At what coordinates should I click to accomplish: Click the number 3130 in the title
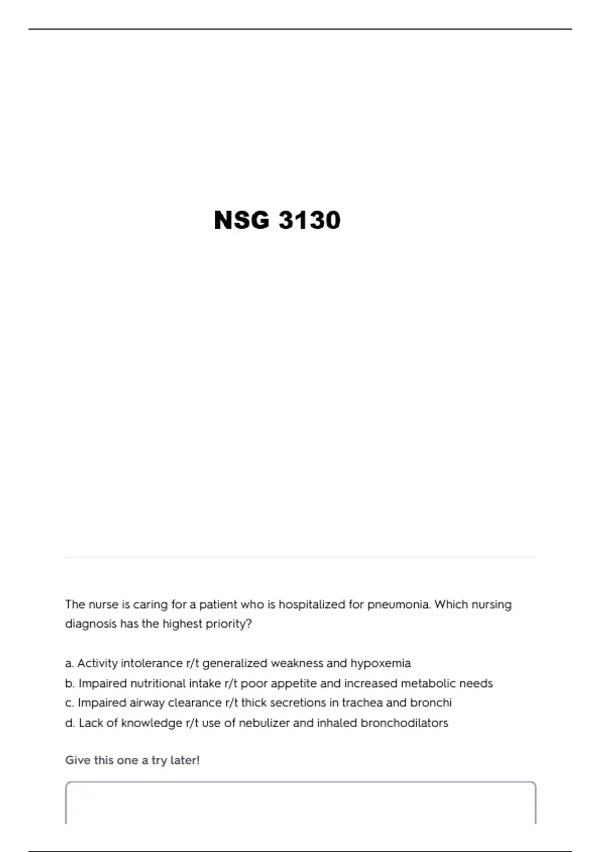tap(309, 221)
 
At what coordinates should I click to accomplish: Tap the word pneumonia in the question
tap(399, 604)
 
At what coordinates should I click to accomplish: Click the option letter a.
tap(69, 664)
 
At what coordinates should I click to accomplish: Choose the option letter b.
tap(70, 684)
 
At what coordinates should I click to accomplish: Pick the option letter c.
tap(69, 703)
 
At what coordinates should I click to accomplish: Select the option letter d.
tap(70, 723)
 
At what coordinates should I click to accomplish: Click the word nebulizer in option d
tap(263, 723)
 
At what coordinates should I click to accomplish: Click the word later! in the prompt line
tap(185, 761)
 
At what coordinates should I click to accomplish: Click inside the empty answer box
tap(300, 804)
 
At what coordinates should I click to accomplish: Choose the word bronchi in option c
tap(431, 703)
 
